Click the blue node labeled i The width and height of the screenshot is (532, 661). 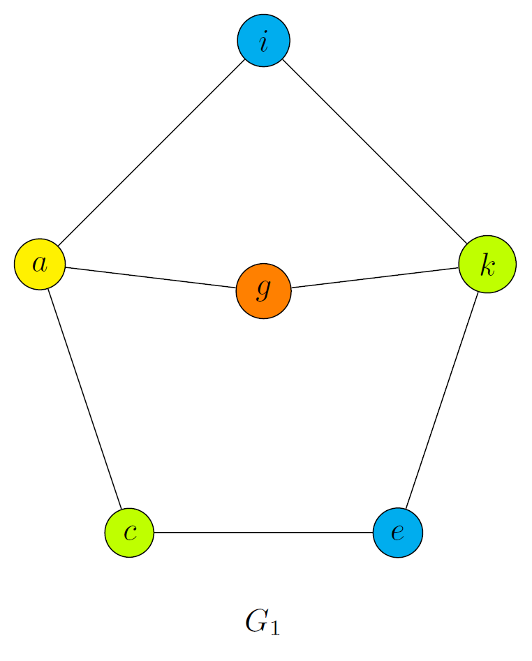264,41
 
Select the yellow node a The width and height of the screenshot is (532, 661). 40,264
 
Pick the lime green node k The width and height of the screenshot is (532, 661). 487,264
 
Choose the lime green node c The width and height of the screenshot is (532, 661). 129,533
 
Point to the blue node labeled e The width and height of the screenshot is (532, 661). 398,533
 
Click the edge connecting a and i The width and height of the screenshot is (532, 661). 152,153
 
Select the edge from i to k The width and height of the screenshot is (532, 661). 376,152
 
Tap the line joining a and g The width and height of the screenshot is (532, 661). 152,278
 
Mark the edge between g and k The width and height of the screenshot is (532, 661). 375,277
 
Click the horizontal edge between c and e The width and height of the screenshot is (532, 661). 263,533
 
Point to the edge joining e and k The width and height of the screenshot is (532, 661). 442,399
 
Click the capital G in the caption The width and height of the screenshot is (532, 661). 257,621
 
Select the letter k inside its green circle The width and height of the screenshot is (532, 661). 487,264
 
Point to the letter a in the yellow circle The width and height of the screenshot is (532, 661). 40,265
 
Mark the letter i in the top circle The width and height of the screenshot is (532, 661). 264,42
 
